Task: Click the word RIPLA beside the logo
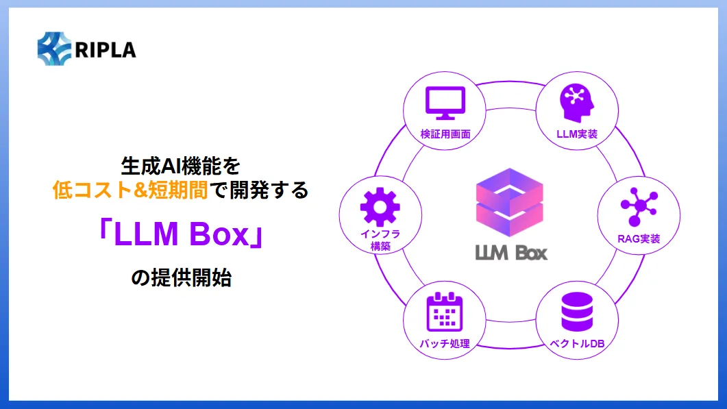point(107,50)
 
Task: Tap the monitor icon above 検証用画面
point(445,103)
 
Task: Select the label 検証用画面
point(445,134)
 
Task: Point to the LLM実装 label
point(577,134)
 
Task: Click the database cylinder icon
point(576,312)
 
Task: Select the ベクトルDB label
point(577,343)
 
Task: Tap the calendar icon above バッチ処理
point(445,312)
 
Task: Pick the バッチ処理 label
point(445,343)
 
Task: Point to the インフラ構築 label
point(380,240)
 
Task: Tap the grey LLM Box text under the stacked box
point(511,252)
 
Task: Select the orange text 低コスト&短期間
point(130,190)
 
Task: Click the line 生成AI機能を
point(181,165)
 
